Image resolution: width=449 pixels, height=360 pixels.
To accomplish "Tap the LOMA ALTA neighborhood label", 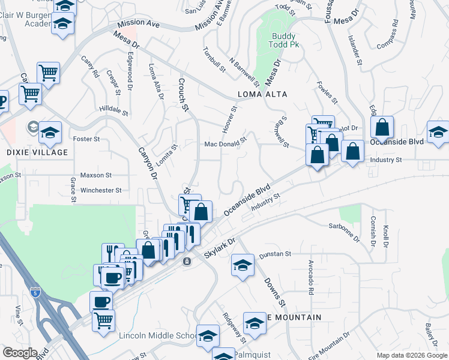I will point(262,94).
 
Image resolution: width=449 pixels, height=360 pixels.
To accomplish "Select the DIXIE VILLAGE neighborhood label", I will point(37,152).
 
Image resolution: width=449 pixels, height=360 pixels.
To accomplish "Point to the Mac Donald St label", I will point(226,143).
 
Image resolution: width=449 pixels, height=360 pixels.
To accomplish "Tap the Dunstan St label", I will point(275,254).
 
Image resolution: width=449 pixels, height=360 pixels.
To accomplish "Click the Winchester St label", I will point(101,190).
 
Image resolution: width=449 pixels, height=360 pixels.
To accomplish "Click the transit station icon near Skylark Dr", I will point(187,262).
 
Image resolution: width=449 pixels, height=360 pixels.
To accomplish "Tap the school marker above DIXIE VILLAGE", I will point(50,131).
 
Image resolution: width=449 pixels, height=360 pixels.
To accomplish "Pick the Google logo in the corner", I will point(19,353).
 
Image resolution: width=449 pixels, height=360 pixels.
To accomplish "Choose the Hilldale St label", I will point(113,110).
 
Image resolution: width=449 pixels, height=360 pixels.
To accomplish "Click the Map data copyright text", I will point(412,355).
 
